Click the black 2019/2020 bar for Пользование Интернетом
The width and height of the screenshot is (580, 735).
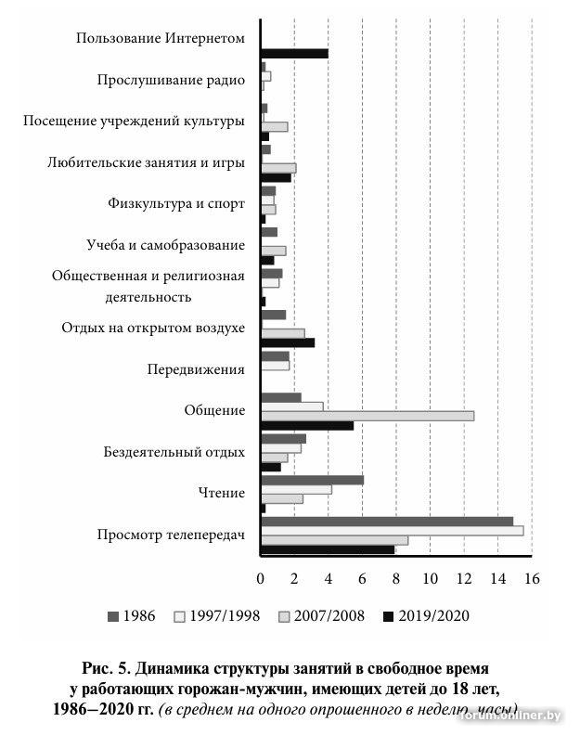[294, 53]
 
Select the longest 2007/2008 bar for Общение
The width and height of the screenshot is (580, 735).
[367, 416]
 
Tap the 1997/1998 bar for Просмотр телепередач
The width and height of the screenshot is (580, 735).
[392, 530]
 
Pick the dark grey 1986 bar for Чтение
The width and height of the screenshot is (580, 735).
[312, 480]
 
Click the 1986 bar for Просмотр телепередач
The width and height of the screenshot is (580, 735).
[387, 521]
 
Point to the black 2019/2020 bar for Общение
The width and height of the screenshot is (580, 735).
[307, 425]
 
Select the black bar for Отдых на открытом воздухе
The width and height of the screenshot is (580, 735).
[288, 342]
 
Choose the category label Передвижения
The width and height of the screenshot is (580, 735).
[196, 369]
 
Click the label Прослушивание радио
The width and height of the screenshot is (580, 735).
[171, 80]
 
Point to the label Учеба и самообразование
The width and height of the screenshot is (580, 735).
[165, 245]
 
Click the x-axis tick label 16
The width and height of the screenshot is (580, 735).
[531, 579]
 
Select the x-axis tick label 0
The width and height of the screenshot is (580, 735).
[261, 579]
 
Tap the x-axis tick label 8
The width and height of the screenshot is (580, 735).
[396, 579]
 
